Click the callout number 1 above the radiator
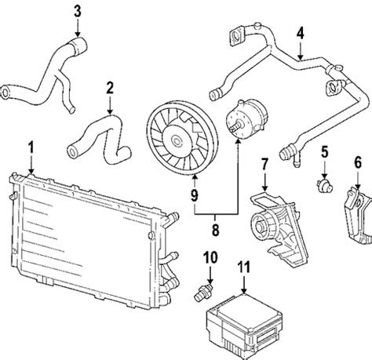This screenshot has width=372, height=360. click(31, 147)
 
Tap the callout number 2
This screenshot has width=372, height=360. click(110, 88)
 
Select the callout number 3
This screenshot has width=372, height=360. click(78, 11)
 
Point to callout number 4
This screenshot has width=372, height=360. click(301, 33)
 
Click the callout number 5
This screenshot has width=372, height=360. click(325, 152)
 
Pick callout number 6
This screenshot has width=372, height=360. click(358, 162)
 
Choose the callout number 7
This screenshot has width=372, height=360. click(264, 164)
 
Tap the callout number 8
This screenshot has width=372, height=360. click(215, 230)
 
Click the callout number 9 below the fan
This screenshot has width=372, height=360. click(195, 195)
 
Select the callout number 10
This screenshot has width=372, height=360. click(210, 257)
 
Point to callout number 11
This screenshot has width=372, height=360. click(244, 267)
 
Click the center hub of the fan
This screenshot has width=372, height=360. click(176, 141)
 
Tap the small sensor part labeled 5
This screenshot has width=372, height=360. click(325, 185)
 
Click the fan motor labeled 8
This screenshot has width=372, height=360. click(246, 117)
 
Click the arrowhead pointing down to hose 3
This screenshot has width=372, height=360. click(78, 34)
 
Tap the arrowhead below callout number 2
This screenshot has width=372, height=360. click(110, 111)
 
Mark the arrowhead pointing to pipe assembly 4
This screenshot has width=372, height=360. click(301, 56)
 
